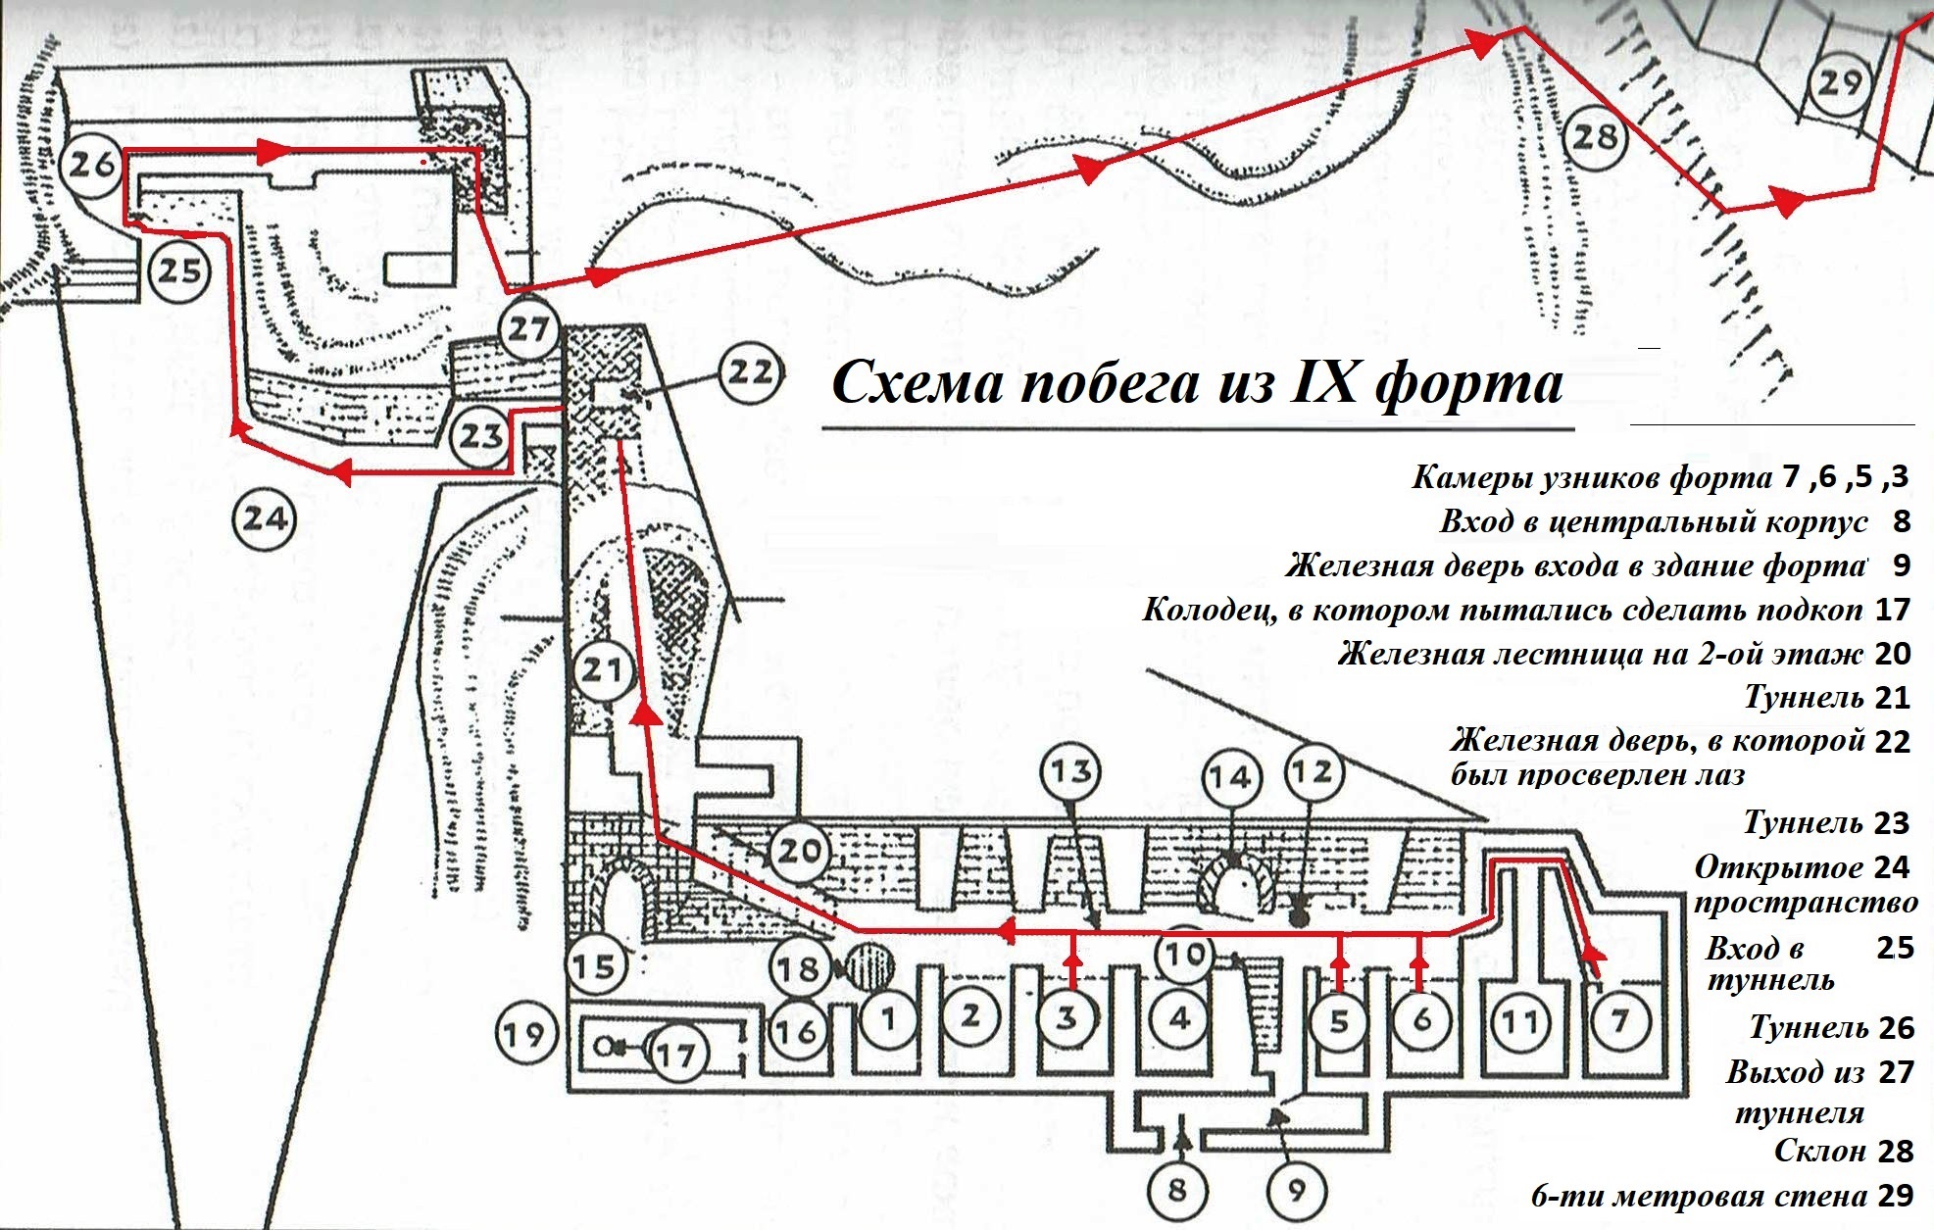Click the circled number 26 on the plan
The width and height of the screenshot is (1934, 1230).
pyautogui.click(x=93, y=164)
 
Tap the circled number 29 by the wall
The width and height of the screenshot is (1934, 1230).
pyautogui.click(x=1838, y=82)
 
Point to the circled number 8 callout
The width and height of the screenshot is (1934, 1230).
pyautogui.click(x=1177, y=1190)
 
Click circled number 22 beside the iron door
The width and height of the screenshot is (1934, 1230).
pyautogui.click(x=750, y=372)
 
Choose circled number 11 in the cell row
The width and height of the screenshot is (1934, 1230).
pyautogui.click(x=1520, y=1022)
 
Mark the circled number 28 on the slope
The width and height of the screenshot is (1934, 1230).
pyautogui.click(x=1594, y=137)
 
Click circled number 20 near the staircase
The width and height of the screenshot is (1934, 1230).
pyautogui.click(x=798, y=850)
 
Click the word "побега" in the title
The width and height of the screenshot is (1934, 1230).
pyautogui.click(x=1110, y=382)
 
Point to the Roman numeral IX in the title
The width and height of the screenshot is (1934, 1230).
pyautogui.click(x=1323, y=382)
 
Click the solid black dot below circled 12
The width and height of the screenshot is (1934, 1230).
pyautogui.click(x=1300, y=919)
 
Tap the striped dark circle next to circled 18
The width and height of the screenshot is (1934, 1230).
pyautogui.click(x=869, y=965)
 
